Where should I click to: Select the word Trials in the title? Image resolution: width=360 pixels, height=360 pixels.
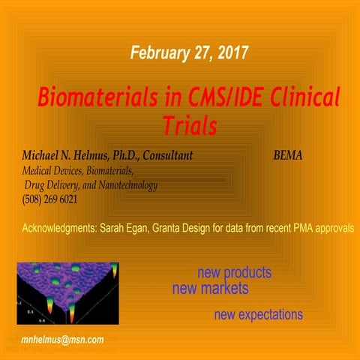pos(190,126)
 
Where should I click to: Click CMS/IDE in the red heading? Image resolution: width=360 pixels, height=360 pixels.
pos(204,98)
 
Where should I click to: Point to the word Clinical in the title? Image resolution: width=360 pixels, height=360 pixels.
pos(298,98)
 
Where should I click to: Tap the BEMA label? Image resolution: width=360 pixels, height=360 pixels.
pos(288,157)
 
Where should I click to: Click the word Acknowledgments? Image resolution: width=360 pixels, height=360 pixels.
pos(60,226)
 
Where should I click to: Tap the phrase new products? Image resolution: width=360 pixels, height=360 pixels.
pos(234,272)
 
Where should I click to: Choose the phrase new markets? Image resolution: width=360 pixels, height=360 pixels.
pos(210,288)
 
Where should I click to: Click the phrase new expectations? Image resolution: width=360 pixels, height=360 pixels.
pos(258,314)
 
